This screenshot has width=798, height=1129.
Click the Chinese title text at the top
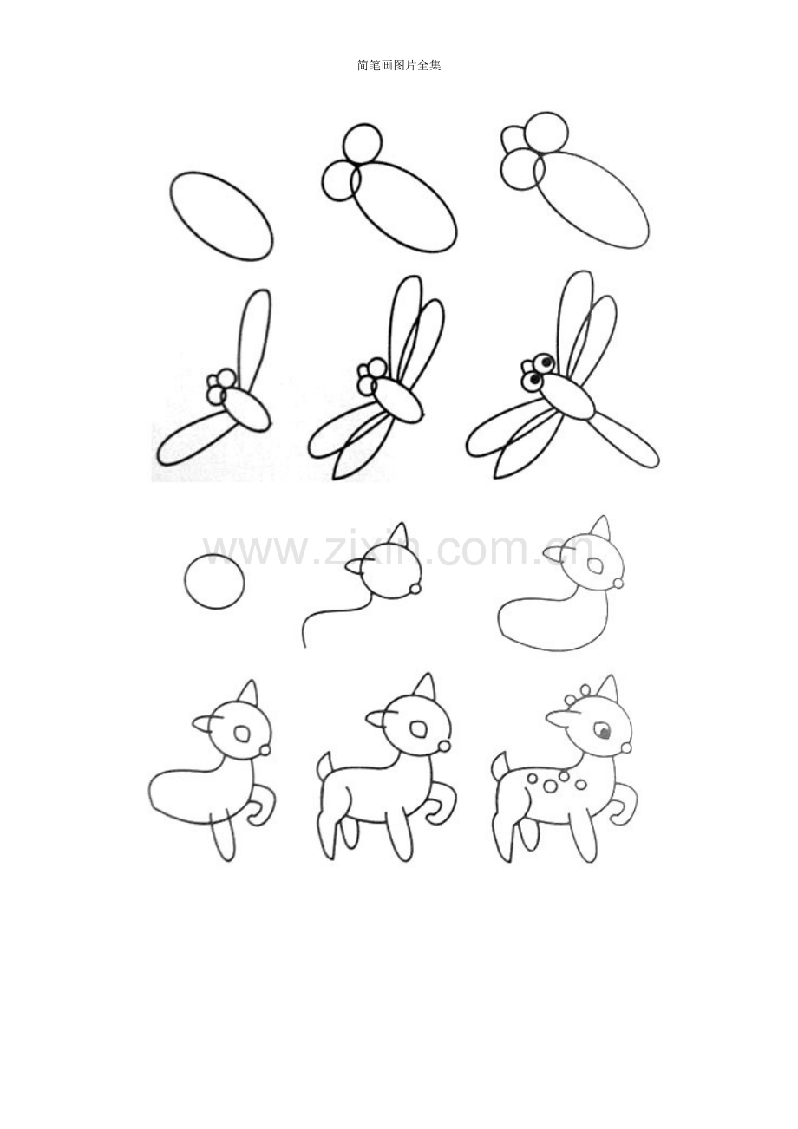pos(399,65)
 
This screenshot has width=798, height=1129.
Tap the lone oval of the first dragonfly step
pos(222,215)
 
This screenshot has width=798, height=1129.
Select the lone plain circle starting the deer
pos(214,581)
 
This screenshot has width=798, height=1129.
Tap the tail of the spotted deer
pos(500,766)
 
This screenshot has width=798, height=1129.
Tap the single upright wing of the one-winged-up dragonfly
pos(252,338)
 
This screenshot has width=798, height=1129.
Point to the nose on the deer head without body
pos(415,590)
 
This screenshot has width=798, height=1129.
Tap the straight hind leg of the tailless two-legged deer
pos(225,838)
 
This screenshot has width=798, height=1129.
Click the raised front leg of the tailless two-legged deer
pos(259,806)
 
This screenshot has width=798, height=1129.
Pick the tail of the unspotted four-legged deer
pos(324,766)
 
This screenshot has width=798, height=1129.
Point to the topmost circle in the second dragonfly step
pos(362,143)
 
